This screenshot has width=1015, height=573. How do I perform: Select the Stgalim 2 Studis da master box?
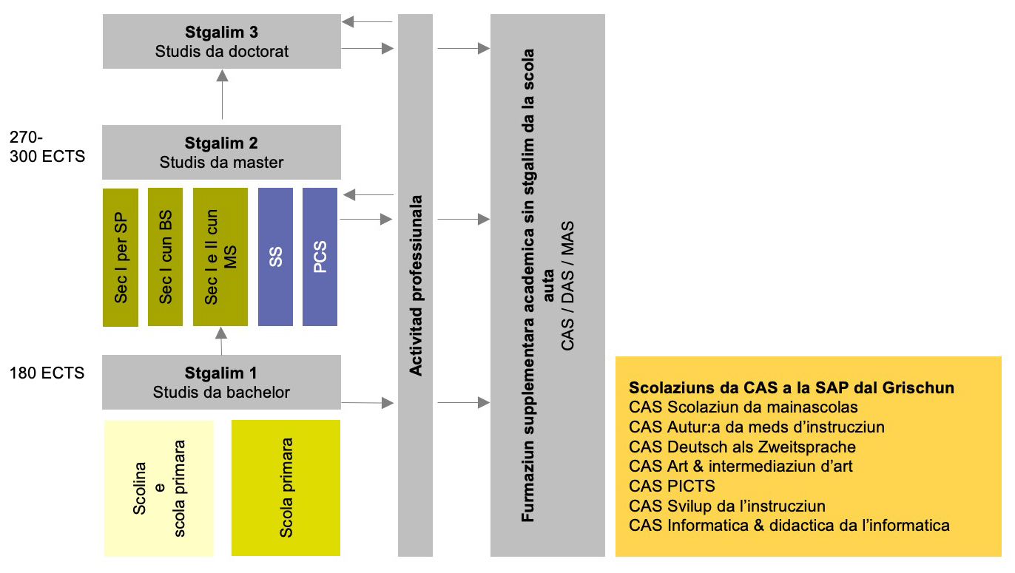point(222,152)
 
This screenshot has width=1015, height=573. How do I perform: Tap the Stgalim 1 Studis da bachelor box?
point(222,382)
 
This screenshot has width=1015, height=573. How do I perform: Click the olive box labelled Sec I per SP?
point(121,257)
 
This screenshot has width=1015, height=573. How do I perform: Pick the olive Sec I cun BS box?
point(166,257)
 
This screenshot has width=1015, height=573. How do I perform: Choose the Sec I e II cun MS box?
point(220,257)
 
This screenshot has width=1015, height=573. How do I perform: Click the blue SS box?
point(275,257)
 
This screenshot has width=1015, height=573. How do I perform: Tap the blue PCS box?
point(320,257)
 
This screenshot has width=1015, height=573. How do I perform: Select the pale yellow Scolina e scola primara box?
point(159,488)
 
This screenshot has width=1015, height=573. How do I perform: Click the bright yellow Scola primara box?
point(286,488)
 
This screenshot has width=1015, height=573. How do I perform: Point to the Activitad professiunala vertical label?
point(416,285)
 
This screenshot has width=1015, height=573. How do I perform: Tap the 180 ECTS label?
point(47,373)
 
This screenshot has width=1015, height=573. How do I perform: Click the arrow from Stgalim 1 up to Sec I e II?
point(220,341)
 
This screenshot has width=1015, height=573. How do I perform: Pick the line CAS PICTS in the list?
point(672,486)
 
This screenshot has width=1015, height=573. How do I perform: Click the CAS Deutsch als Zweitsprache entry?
point(742,447)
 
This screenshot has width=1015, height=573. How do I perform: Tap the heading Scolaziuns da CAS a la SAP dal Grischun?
point(791,387)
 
